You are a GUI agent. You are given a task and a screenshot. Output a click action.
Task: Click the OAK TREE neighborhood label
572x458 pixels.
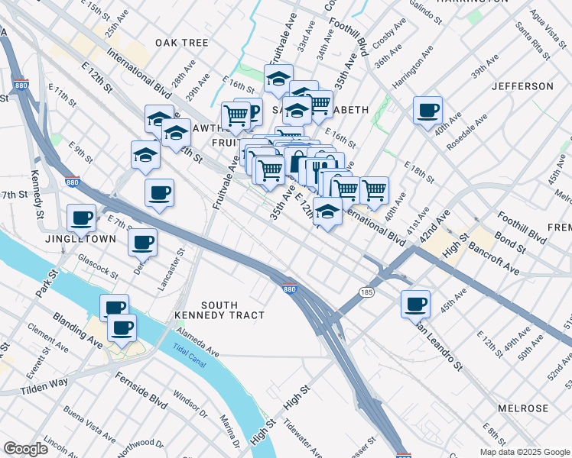pos(181,43)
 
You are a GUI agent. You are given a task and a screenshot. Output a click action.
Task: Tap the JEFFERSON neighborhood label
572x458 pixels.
pos(522,86)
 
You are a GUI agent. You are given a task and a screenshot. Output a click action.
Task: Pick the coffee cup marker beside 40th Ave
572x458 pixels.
pos(427,110)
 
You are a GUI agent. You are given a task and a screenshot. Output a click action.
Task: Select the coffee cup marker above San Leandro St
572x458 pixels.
pos(415,304)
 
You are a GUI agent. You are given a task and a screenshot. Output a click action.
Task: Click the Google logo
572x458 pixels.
pos(26,449)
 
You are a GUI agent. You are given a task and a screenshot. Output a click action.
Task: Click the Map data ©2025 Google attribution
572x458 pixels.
pos(524,452)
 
